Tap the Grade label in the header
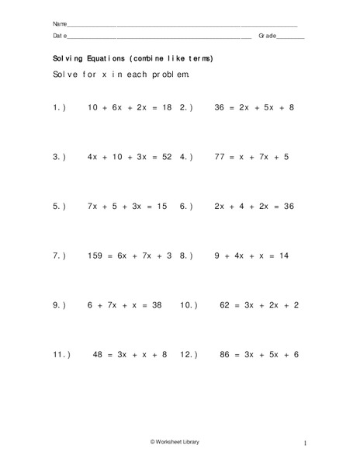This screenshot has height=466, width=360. click(x=268, y=36)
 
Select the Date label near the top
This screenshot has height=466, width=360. click(x=60, y=36)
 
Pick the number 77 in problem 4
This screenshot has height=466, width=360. click(x=220, y=157)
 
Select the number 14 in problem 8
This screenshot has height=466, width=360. click(x=283, y=256)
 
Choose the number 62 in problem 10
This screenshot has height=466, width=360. click(x=227, y=305)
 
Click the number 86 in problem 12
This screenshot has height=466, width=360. click(x=227, y=355)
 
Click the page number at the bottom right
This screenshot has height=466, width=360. click(x=306, y=443)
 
